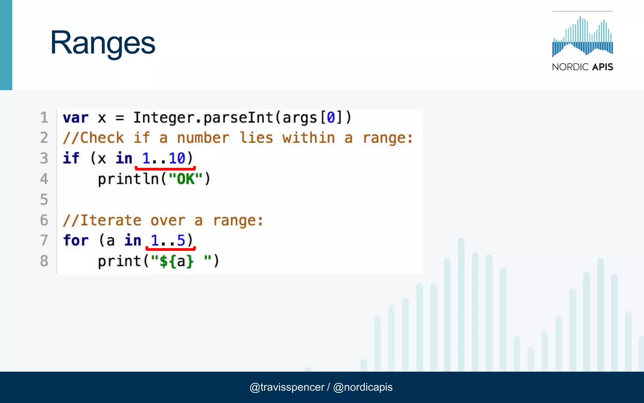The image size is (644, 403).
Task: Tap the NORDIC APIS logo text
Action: coord(582,67)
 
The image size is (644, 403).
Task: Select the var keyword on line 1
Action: coord(75,118)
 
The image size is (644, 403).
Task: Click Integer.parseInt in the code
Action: coord(203,118)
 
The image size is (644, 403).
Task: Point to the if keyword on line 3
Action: coord(71,158)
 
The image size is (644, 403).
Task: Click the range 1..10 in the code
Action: coord(164,158)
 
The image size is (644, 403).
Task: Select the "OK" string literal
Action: coord(186,179)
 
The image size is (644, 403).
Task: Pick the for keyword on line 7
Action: coord(75,241)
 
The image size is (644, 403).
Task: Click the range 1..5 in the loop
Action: coord(168,241)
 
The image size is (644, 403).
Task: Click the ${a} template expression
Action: coord(177,261)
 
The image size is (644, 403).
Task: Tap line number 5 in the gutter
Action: coord(44,200)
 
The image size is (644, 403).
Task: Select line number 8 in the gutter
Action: coord(44,261)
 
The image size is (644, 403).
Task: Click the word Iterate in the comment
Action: coord(111,220)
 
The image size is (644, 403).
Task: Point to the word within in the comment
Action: coord(308,138)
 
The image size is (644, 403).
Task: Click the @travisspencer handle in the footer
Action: coord(287,387)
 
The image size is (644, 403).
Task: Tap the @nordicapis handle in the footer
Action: coord(363,387)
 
